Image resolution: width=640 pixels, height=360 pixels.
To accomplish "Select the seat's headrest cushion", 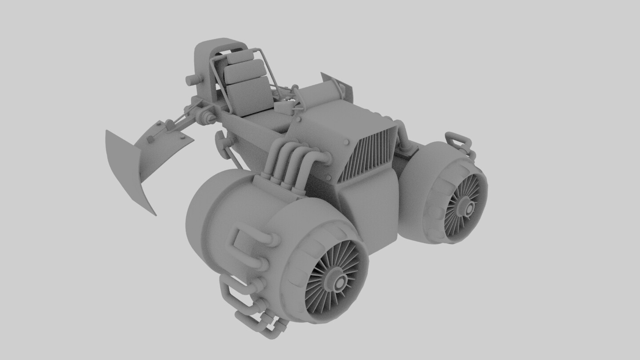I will coord(240,57).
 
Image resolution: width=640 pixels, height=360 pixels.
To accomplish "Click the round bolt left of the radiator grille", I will coord(346,142).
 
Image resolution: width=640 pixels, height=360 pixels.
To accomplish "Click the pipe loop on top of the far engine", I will coord(458,140).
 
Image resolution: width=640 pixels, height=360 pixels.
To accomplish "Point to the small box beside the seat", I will coord(284,108).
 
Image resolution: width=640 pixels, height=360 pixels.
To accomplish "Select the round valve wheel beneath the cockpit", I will coord(221,141).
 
